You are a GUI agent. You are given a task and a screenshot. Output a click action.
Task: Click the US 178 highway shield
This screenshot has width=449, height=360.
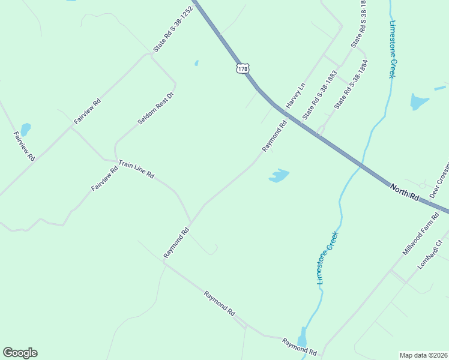[x=242, y=68]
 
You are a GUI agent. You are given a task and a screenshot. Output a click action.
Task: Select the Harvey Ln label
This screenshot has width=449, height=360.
[x=295, y=95]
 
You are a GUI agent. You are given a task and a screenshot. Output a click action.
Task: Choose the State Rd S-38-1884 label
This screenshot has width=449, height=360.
[x=351, y=84]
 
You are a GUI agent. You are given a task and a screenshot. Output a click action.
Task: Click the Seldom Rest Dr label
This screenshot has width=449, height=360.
[x=155, y=109]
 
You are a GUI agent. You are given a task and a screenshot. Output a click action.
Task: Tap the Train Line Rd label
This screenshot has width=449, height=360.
[x=136, y=169]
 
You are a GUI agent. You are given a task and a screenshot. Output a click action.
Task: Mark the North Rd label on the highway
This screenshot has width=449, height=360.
[x=404, y=193]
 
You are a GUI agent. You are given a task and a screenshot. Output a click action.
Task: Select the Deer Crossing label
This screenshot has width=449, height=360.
[x=440, y=181]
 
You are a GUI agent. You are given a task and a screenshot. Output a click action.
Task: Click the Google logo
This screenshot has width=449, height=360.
[x=20, y=353]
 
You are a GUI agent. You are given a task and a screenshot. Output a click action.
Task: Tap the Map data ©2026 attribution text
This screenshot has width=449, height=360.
[x=424, y=354]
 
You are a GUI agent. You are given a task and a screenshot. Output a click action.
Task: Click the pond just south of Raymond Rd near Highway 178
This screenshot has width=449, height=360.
[x=279, y=175]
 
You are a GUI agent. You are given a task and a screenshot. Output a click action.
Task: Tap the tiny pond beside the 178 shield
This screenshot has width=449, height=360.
[x=196, y=62]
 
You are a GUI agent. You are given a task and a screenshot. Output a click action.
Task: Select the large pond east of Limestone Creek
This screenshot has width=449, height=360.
[x=419, y=101]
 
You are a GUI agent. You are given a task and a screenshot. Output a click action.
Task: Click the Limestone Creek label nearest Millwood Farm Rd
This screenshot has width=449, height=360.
[x=328, y=257]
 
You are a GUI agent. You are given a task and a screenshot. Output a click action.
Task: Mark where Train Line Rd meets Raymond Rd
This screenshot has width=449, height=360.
[x=191, y=223]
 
